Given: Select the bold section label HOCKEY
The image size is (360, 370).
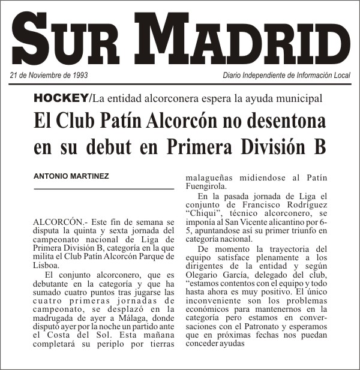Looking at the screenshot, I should pos(61,98).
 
